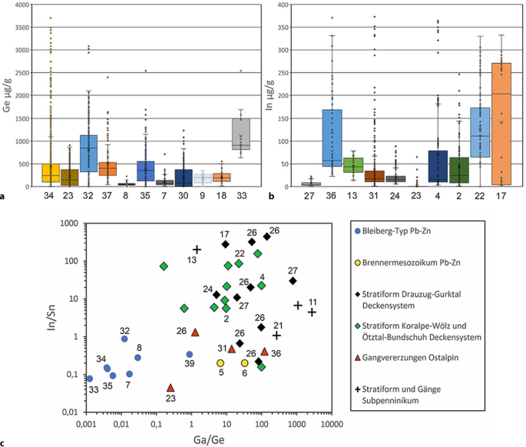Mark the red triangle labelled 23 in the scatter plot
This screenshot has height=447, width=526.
pyautogui.click(x=170, y=388)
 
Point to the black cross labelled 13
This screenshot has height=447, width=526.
pyautogui.click(x=197, y=250)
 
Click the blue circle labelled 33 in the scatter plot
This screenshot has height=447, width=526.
pyautogui.click(x=90, y=379)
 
